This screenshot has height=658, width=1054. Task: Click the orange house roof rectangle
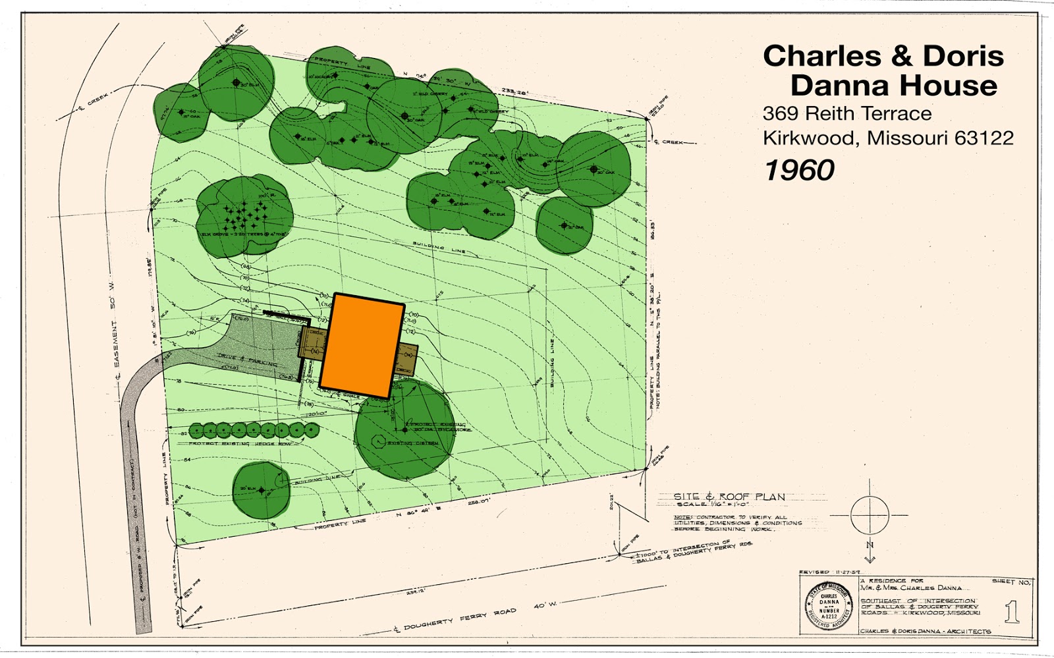(362, 346)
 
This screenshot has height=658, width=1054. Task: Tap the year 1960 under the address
(799, 171)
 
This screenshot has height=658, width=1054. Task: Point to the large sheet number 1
(1012, 613)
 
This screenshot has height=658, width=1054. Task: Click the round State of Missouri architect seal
(829, 605)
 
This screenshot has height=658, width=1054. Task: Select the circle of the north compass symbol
(870, 514)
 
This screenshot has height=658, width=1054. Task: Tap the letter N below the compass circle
(870, 545)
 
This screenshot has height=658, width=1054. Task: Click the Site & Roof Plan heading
(729, 497)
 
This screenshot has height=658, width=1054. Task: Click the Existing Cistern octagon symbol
(379, 441)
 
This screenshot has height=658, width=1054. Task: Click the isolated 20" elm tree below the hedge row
(262, 490)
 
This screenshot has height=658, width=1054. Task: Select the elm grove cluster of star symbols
(244, 213)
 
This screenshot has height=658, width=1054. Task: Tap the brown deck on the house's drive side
(312, 342)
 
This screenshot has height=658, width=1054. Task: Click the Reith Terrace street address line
(846, 114)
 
